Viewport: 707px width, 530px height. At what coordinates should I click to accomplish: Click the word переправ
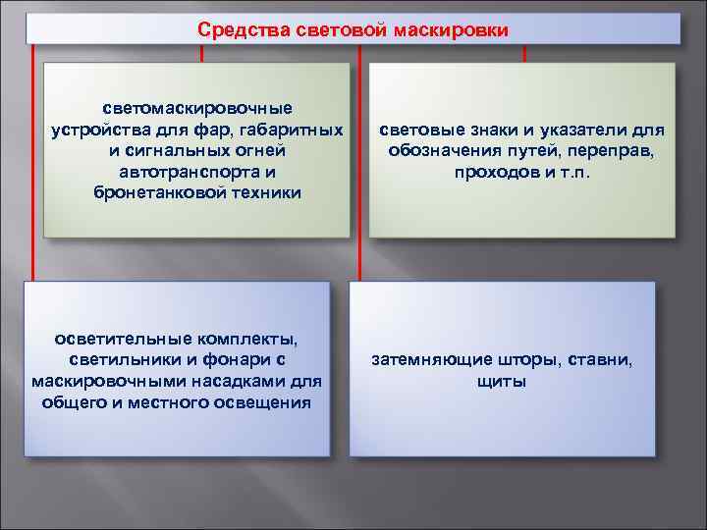617,151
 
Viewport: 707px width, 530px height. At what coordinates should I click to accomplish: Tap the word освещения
261,402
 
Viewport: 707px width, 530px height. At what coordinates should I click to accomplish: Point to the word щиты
502,382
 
